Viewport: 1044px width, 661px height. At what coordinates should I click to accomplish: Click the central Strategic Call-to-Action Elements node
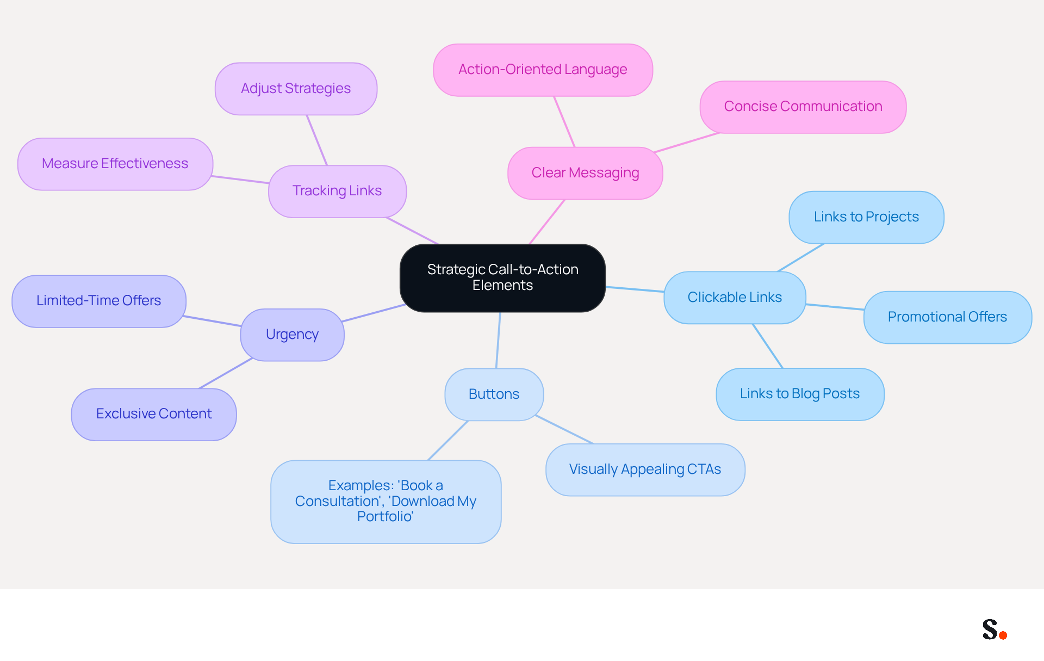click(x=502, y=278)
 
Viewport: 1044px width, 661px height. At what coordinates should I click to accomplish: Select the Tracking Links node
click(x=337, y=191)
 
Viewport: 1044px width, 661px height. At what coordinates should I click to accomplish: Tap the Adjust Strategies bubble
click(x=296, y=89)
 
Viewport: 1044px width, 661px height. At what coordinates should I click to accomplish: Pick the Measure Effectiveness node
click(x=115, y=164)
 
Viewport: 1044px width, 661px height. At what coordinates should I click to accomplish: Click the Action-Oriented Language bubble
click(x=543, y=70)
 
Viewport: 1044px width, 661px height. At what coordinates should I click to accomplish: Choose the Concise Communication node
click(x=803, y=107)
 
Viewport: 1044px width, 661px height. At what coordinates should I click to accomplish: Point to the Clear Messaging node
click(x=585, y=173)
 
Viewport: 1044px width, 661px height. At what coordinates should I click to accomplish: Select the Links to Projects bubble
click(x=866, y=217)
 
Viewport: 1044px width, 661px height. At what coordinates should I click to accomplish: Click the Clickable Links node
click(x=735, y=298)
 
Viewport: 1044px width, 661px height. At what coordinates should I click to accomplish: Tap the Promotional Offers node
click(x=948, y=317)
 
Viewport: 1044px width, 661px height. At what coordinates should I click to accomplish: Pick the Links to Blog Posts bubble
click(x=800, y=394)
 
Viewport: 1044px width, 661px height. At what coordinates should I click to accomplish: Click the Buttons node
click(x=494, y=394)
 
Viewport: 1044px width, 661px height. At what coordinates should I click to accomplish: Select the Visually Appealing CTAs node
click(x=645, y=470)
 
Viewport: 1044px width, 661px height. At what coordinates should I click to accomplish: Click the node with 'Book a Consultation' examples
click(x=386, y=502)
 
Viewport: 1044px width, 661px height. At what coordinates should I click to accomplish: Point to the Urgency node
click(x=292, y=335)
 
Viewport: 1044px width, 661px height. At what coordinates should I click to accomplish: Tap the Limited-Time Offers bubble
click(x=99, y=301)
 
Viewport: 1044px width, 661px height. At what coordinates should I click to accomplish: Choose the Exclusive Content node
click(x=154, y=414)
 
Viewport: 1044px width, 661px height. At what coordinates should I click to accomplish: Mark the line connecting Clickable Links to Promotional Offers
click(x=835, y=307)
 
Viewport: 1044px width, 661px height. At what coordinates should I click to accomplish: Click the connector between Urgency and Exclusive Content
click(x=226, y=373)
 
